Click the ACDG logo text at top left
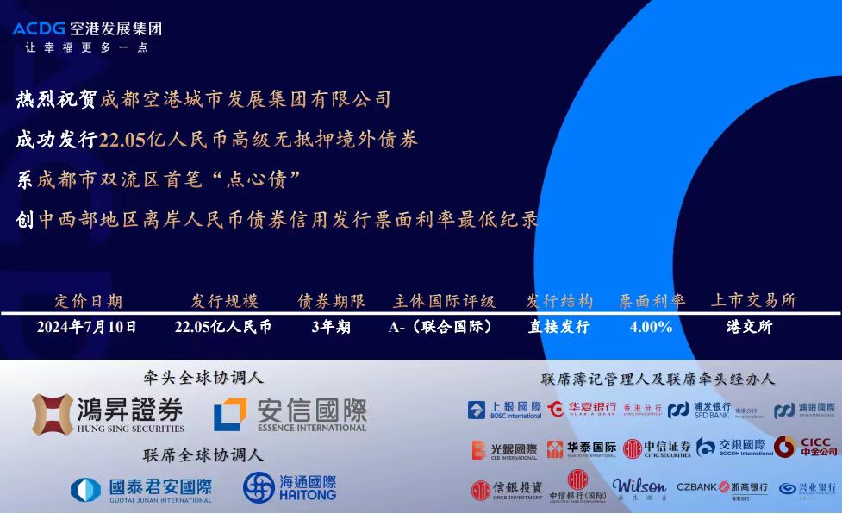coord(39,28)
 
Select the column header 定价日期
coord(88,301)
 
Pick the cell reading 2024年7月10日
coord(86,327)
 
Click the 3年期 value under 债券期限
coord(331,327)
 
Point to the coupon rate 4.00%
coord(651,327)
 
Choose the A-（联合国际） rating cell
coord(440,327)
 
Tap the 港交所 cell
coord(750,327)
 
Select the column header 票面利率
coord(652,301)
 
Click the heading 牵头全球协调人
coord(203,377)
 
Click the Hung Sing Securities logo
coord(108,414)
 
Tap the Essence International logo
coord(290,414)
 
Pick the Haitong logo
coord(289,488)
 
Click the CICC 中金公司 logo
coord(805,447)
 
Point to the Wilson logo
coord(639,488)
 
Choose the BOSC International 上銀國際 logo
coord(504,410)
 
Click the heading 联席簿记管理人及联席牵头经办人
coord(658,379)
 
